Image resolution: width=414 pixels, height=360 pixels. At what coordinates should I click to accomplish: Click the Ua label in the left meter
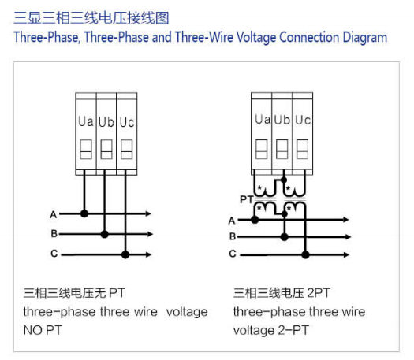coord(86,121)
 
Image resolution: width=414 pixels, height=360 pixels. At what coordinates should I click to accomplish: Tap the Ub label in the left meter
coord(106,122)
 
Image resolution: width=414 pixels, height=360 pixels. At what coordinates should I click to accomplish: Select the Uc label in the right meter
coord(303,120)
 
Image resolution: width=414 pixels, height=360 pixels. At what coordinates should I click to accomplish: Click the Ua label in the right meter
coord(263,119)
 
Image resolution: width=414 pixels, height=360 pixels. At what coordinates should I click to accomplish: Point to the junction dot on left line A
coord(84,213)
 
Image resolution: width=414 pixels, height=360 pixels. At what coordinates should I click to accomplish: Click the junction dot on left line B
coord(105,234)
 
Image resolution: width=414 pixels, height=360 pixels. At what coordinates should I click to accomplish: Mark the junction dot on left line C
coord(125,254)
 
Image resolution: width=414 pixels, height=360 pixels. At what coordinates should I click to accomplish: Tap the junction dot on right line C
coord(305,254)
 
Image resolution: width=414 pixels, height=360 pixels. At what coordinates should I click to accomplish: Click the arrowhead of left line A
coord(149,213)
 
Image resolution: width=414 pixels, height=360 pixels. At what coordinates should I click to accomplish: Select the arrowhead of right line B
coord(348,237)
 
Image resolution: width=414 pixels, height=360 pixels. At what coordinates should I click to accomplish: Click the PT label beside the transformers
coord(247,199)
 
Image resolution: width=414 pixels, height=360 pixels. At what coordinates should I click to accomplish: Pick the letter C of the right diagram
coord(233,254)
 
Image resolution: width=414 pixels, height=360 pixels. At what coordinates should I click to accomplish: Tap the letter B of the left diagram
coord(54,234)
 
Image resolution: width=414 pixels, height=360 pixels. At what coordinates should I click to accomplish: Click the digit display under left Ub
coord(106,149)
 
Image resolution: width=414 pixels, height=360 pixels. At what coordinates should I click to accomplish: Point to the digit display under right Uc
coord(302,149)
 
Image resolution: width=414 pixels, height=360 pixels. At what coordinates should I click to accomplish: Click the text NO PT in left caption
coord(43,330)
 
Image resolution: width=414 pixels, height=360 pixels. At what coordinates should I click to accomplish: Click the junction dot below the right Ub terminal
coord(284,180)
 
